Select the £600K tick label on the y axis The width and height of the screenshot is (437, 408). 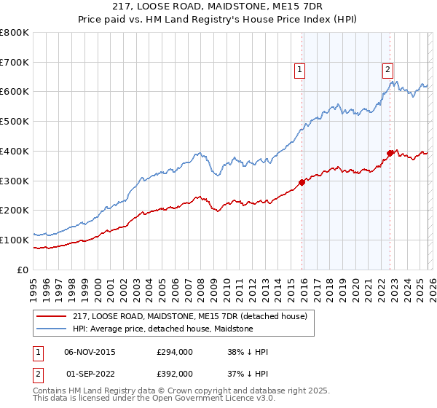[14, 92]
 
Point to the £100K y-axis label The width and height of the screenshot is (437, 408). [14, 240]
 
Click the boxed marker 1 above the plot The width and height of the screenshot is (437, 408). [300, 70]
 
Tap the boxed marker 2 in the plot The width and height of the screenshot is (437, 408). [387, 70]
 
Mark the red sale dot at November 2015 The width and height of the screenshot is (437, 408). [302, 182]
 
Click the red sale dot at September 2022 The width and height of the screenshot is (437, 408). [390, 153]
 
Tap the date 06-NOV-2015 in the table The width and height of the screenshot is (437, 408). [90, 352]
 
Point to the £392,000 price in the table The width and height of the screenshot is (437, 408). [175, 373]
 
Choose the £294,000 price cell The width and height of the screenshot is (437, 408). [175, 352]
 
